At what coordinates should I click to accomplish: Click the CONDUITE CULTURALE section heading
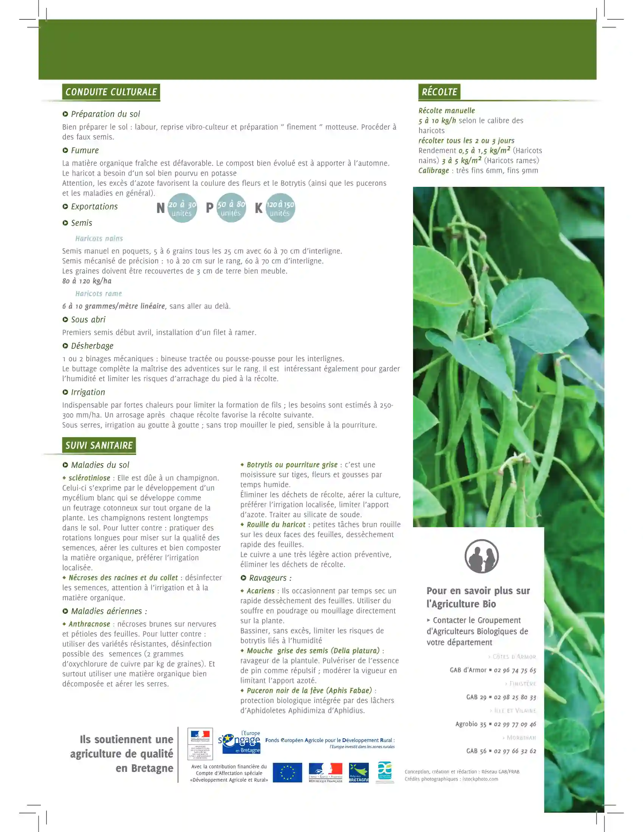coord(111,92)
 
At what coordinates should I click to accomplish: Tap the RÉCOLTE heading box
coord(439,92)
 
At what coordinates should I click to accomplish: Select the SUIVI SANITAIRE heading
coord(99,445)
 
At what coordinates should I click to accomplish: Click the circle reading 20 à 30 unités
coord(182,208)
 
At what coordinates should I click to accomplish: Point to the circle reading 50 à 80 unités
coord(231,208)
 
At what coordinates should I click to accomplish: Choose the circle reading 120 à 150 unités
coord(280,208)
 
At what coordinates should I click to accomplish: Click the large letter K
coord(259,208)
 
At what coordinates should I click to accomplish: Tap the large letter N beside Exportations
coord(160,208)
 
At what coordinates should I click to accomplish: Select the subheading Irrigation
coord(88,392)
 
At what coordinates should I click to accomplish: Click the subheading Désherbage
coord(92,346)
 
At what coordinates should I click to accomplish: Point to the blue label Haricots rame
coord(98,294)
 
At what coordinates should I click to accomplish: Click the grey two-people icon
coord(481,556)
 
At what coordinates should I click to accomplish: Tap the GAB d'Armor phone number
coord(515,670)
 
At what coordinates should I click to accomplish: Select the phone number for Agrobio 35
coord(515,724)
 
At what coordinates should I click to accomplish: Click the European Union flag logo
coord(287,773)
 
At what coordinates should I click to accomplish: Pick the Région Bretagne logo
coord(359,773)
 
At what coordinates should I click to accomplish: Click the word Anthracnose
coord(89,624)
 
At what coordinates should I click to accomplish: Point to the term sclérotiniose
coord(89,478)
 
